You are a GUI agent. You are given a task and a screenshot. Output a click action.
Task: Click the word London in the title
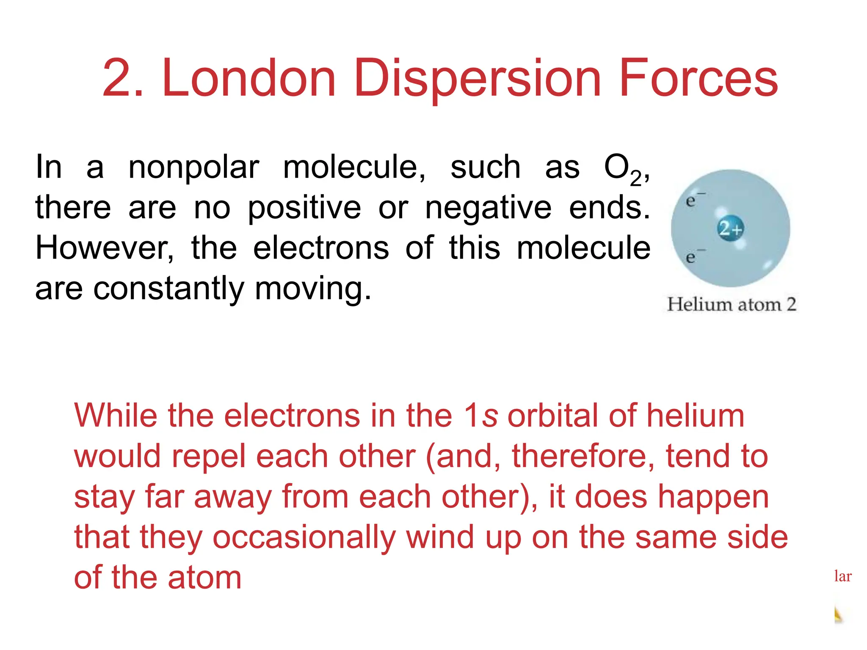coord(249,78)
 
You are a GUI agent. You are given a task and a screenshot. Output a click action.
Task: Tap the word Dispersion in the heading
coord(477,78)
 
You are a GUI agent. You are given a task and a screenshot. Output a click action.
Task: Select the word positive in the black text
coord(304,208)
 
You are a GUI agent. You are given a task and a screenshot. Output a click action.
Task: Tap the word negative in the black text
coord(488,208)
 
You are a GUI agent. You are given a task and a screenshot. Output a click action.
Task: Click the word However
coord(105,248)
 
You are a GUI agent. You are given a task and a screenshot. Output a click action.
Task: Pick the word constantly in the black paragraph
coord(168,289)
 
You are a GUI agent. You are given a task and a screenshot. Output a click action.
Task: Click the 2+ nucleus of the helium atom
coord(731,229)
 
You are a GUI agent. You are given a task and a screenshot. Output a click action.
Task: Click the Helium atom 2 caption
coord(732,304)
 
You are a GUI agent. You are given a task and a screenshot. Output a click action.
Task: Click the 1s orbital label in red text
coord(480,416)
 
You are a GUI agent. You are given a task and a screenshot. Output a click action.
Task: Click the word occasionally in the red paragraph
coord(304,537)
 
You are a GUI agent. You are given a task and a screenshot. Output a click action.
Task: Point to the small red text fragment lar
coord(842,576)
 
